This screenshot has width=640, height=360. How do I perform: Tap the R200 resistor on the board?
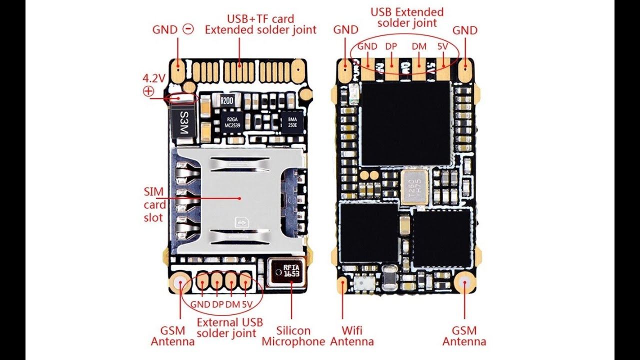click(x=226, y=100)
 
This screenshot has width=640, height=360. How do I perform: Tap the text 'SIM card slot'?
click(x=154, y=204)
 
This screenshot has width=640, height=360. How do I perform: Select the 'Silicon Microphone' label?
click(x=293, y=336)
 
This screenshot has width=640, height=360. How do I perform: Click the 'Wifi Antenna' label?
click(x=352, y=336)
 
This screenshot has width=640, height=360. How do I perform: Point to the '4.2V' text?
click(x=153, y=78)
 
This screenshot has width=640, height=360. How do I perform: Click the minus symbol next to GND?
click(x=188, y=29)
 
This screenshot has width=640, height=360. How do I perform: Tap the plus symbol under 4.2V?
click(x=148, y=91)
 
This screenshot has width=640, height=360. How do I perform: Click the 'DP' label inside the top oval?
click(x=391, y=46)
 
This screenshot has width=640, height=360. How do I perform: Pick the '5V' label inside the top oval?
click(x=443, y=46)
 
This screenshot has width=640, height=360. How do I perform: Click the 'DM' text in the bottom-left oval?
click(x=232, y=304)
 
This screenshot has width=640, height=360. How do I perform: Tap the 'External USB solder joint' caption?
click(x=229, y=327)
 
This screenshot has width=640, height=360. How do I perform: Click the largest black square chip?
click(x=405, y=123)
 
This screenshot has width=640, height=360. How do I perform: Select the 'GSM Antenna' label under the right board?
click(x=464, y=336)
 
